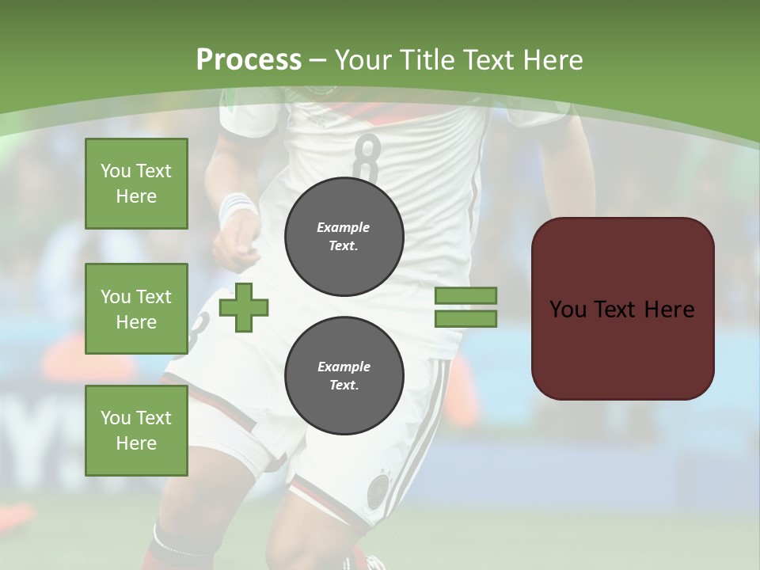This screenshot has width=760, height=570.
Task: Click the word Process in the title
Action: [x=249, y=59]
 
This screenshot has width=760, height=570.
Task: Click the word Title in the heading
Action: [x=421, y=59]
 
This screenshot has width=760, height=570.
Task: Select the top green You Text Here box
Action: [x=136, y=184]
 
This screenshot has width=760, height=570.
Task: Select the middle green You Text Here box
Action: [x=136, y=309]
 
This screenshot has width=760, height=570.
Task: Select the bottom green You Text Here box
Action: [x=136, y=431]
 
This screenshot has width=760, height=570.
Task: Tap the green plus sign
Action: [x=244, y=307]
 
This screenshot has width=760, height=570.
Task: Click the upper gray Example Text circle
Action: [x=344, y=236]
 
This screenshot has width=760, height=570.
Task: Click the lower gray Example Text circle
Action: [x=344, y=375]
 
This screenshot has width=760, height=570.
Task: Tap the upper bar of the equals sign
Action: [x=465, y=295]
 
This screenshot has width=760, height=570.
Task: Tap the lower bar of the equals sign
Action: [x=465, y=318]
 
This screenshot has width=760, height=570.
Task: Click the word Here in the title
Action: [x=551, y=59]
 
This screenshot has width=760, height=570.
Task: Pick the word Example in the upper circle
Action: [x=344, y=227]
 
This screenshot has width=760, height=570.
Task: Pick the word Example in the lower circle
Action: [x=344, y=367]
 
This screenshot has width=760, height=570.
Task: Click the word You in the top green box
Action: [x=116, y=171]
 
